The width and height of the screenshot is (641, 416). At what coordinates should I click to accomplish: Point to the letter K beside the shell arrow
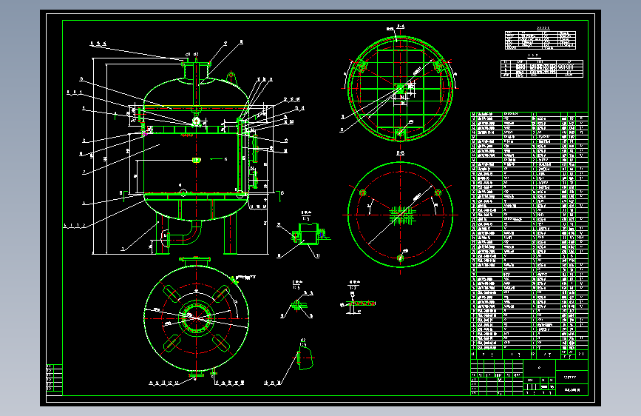(225, 159)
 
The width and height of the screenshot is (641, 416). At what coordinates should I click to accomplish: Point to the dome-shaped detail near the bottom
(304, 358)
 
